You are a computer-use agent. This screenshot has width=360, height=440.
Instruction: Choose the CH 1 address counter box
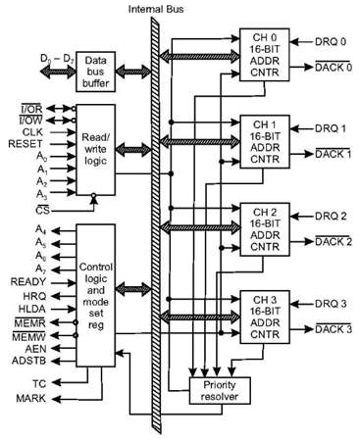[x=255, y=143]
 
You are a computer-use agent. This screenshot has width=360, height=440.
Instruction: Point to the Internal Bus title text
[x=155, y=9]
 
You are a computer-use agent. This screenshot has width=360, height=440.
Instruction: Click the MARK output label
[x=35, y=398]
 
